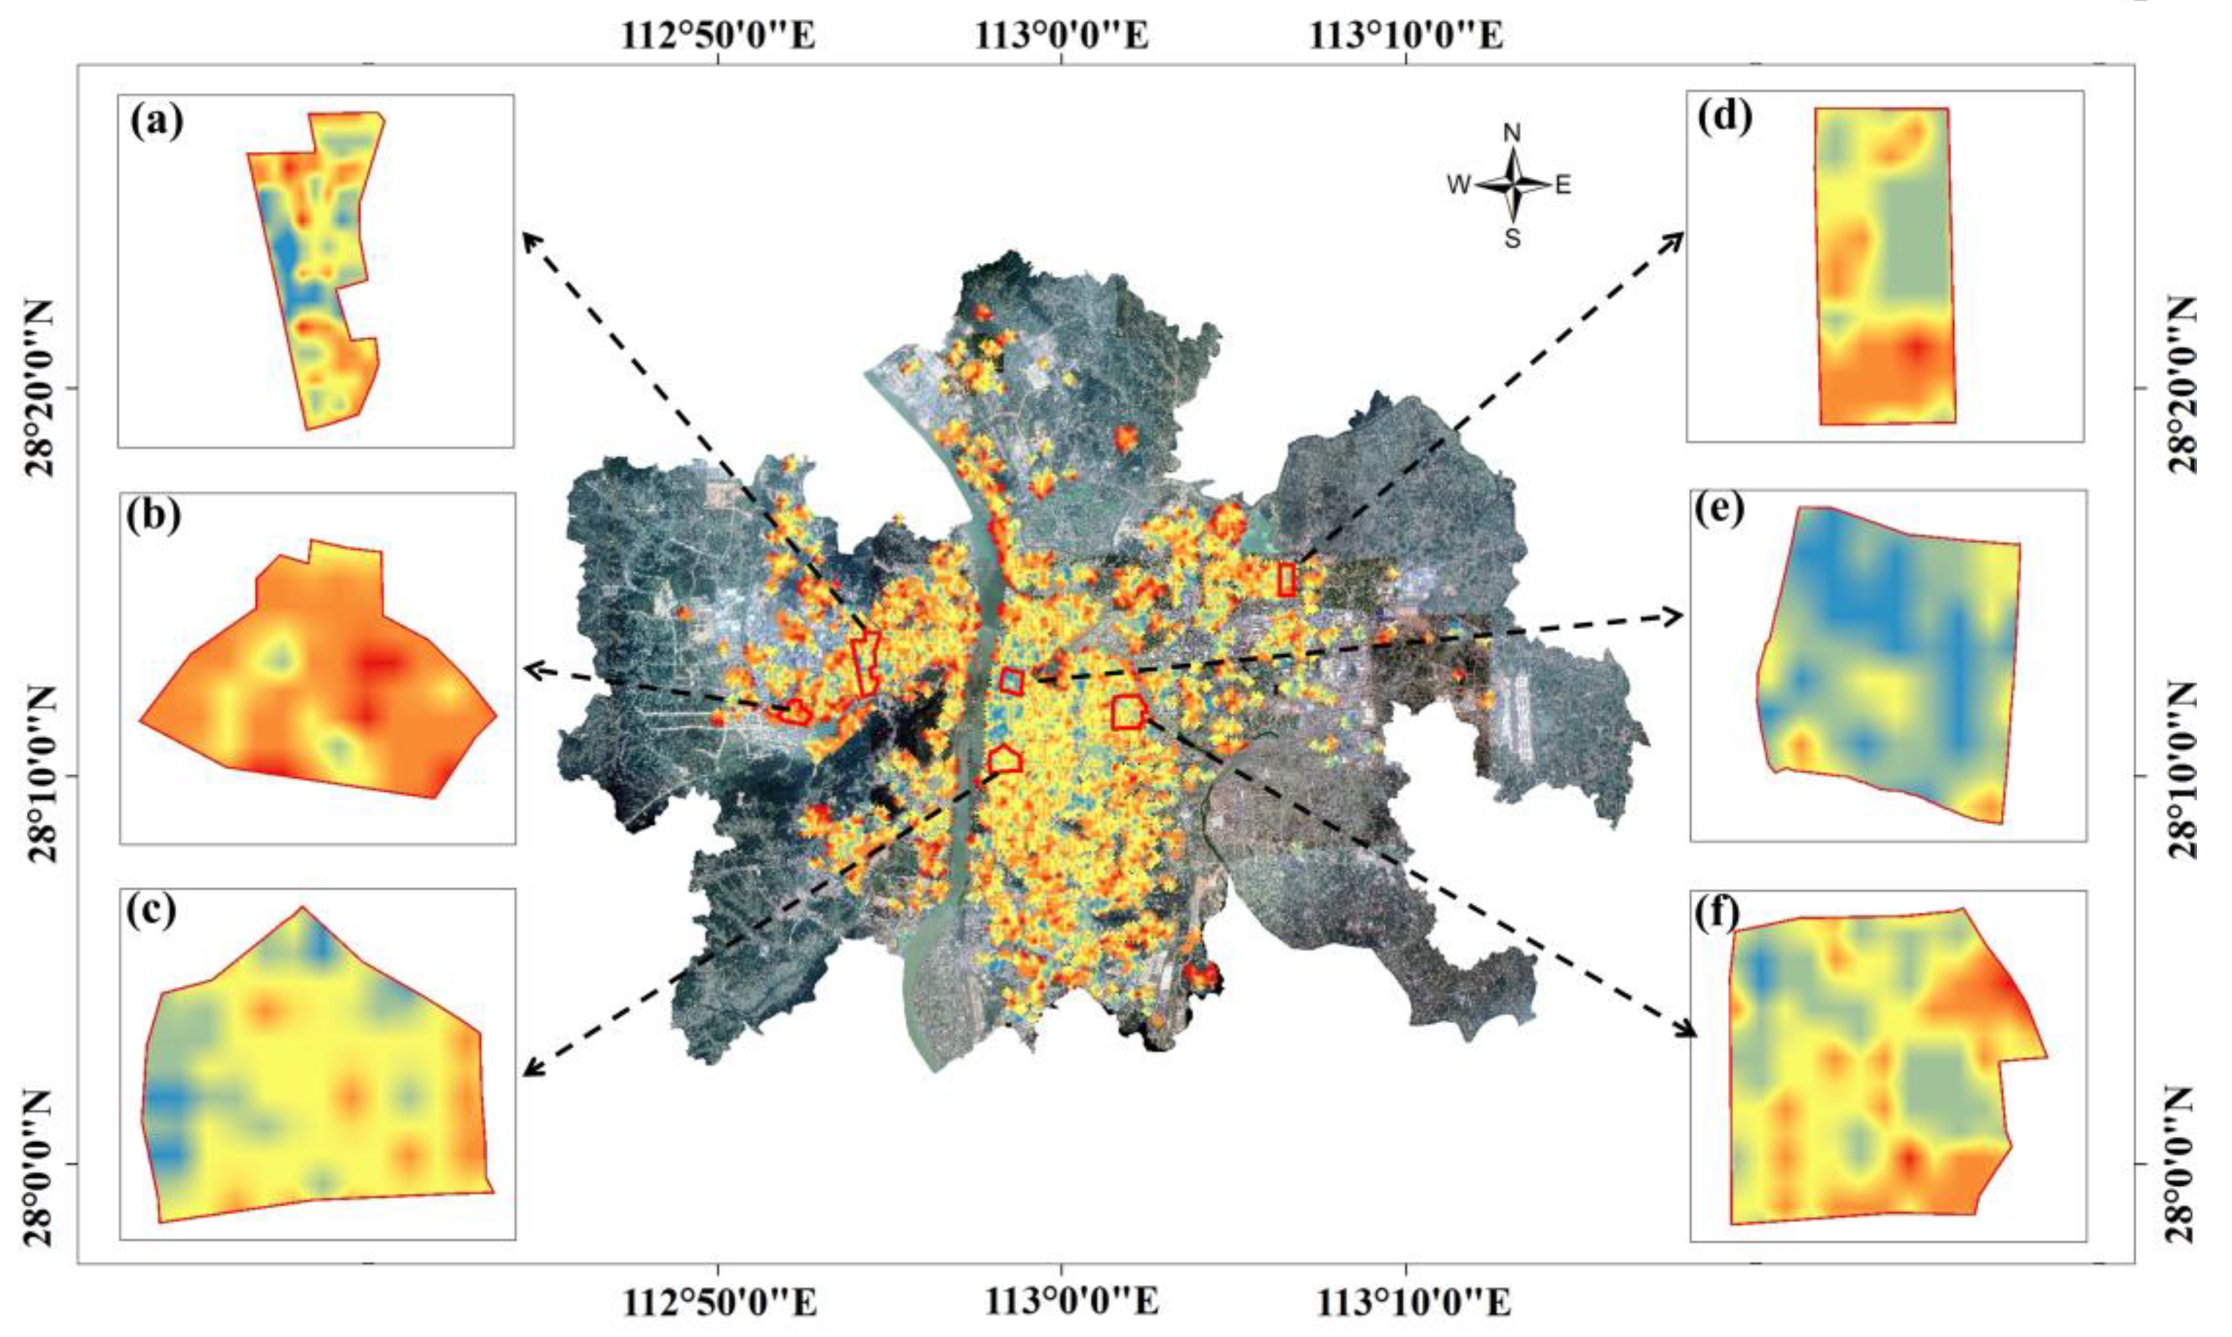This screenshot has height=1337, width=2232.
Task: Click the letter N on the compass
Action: click(x=1512, y=133)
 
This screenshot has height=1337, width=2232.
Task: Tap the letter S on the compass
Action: click(x=1512, y=239)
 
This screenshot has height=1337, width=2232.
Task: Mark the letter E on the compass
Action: click(x=1562, y=186)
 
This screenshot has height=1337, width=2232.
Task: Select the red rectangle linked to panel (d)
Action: click(x=1286, y=579)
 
